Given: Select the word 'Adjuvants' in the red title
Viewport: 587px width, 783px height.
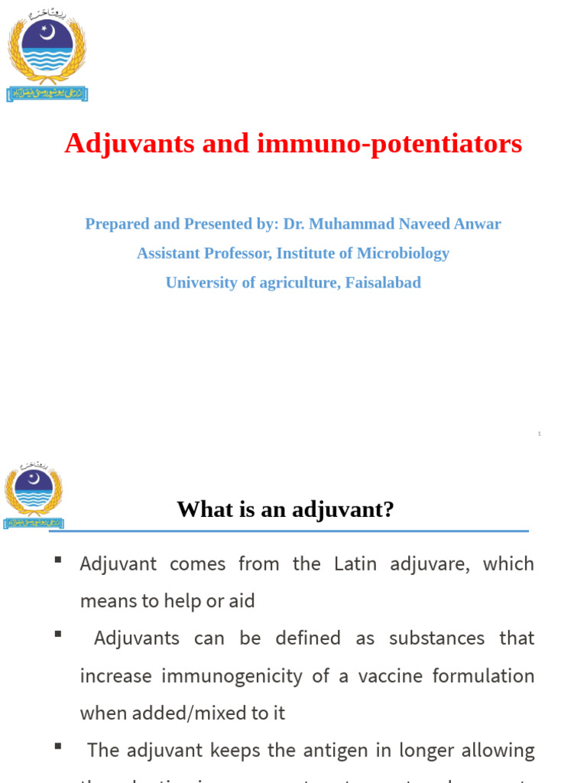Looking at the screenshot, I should click(118, 143).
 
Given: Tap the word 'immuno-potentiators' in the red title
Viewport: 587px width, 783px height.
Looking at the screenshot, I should click(390, 143).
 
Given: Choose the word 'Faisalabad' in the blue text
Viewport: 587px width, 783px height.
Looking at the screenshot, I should click(383, 282).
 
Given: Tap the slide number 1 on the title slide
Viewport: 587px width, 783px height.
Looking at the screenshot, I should click(539, 434).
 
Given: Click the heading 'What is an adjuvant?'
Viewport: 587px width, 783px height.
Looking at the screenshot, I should click(285, 508).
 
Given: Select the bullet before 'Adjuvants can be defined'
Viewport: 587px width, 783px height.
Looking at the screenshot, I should click(57, 635).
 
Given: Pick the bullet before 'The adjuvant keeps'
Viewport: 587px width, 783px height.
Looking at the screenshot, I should click(57, 747).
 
